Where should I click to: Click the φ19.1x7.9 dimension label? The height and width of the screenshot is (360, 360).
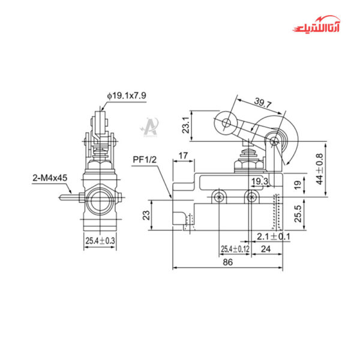coord(127,95)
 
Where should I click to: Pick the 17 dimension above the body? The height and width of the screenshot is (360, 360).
coord(184,156)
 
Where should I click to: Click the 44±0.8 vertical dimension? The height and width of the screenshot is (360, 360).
coord(320,169)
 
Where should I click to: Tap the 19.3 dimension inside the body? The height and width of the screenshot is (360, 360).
coord(259,181)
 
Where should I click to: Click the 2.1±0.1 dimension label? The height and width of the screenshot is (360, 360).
coord(273,236)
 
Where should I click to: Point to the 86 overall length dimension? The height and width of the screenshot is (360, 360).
coord(229,263)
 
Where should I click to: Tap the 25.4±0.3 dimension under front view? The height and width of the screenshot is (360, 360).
coord(100,241)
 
